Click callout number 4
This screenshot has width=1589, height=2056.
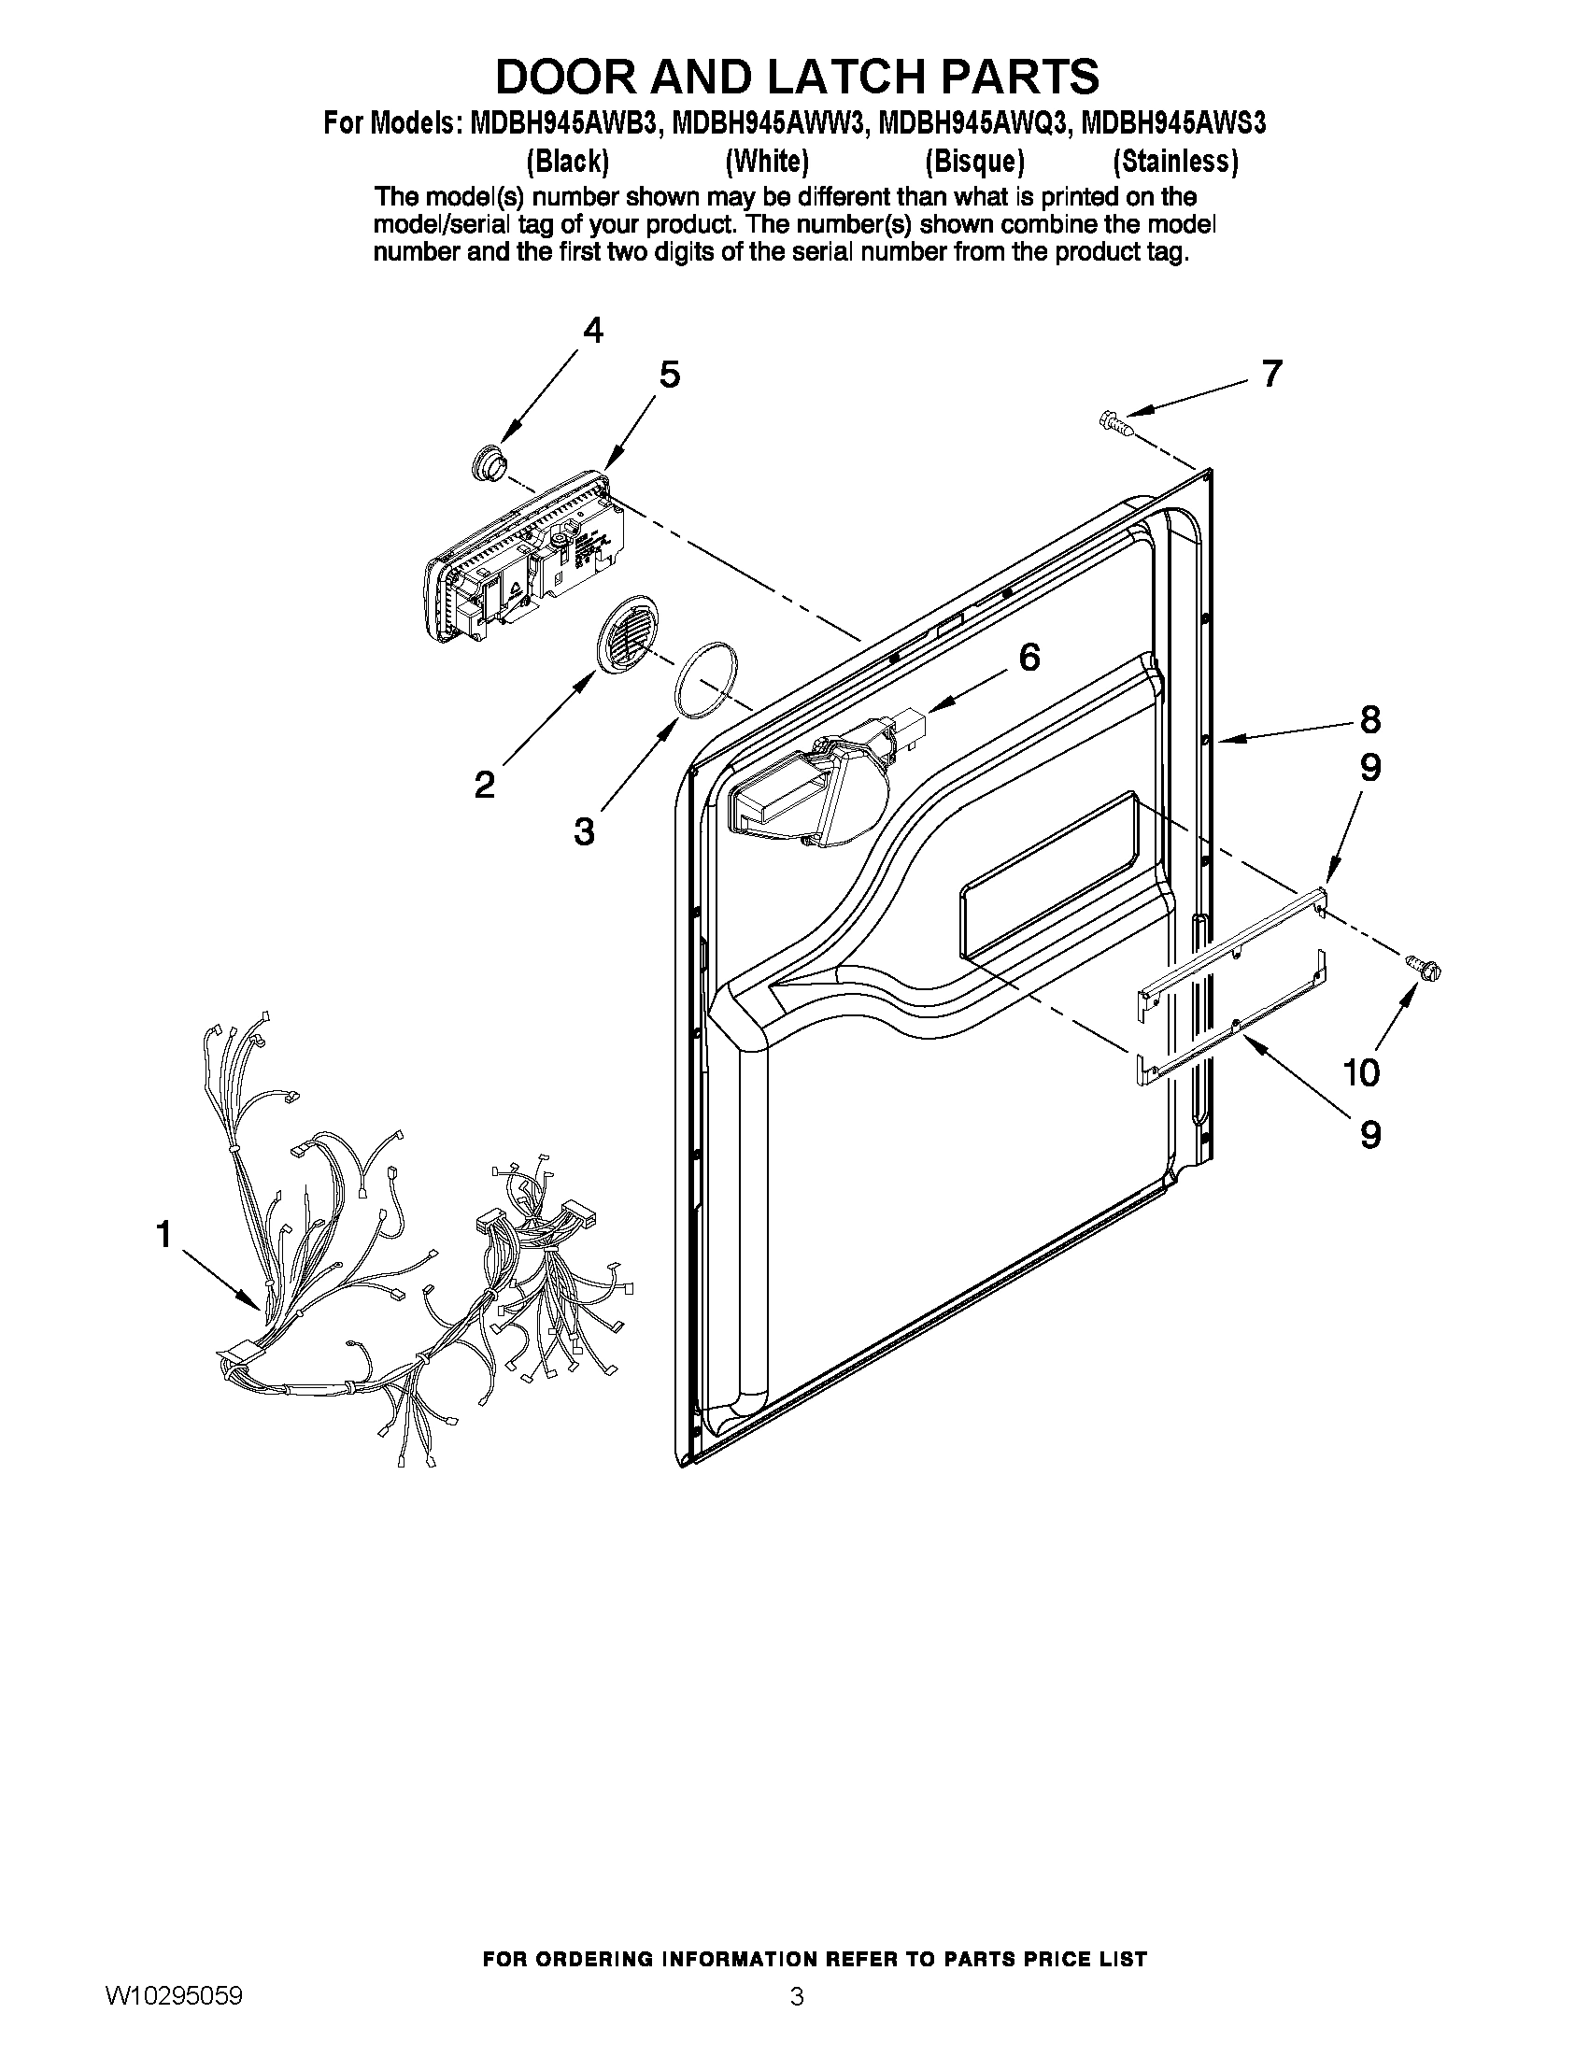592,331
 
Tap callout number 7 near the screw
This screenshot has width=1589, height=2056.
1270,374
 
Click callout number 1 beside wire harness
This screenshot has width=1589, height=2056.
164,1233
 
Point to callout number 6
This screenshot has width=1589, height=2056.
1029,657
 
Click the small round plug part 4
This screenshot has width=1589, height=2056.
488,464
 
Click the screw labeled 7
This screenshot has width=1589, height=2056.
1116,419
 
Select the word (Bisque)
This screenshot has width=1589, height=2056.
974,162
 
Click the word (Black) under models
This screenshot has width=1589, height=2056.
568,162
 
